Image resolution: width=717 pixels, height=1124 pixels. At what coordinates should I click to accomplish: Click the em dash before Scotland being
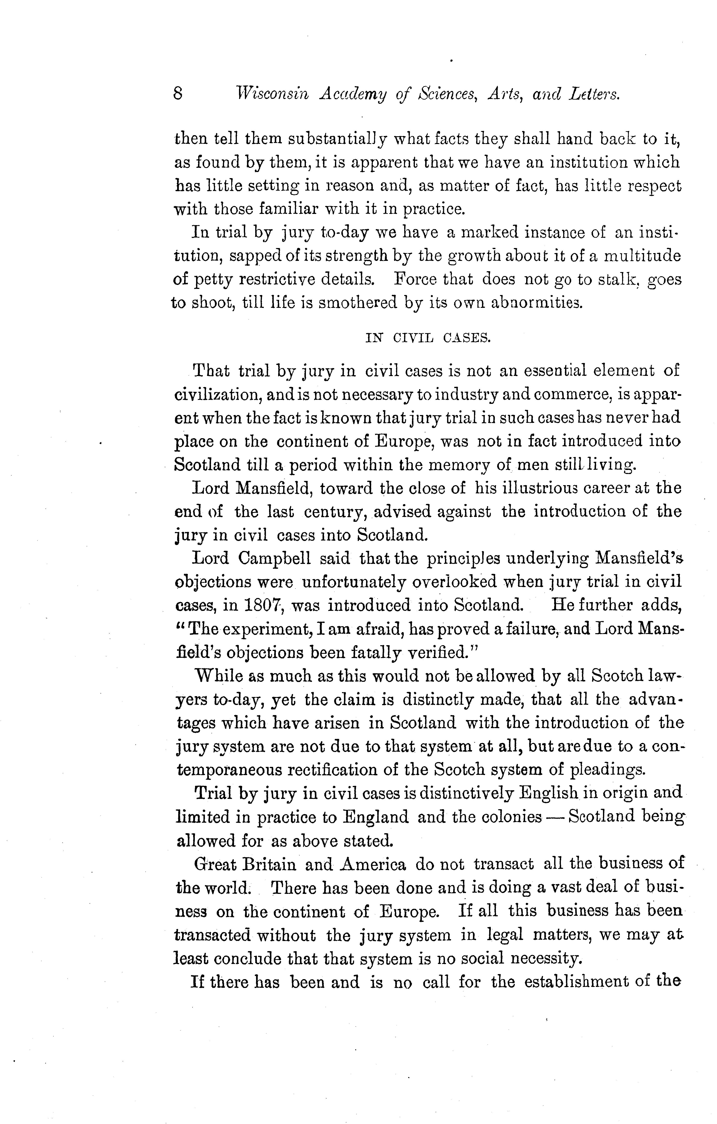tap(555, 818)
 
